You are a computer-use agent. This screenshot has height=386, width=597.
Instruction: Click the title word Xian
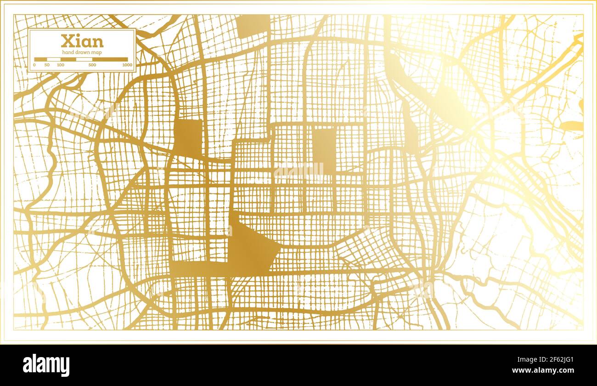(x=82, y=41)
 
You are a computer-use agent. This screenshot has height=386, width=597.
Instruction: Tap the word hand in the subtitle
(x=68, y=53)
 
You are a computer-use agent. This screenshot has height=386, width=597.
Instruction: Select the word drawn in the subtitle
(x=82, y=53)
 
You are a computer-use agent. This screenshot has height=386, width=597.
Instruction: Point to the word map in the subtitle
(x=96, y=53)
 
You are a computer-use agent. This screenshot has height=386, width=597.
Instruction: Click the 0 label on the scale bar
(x=34, y=65)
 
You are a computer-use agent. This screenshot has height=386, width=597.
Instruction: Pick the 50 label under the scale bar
(x=47, y=65)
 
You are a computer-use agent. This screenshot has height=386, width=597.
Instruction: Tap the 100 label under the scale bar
(x=61, y=65)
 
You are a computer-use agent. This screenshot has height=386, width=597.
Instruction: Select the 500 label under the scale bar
(x=92, y=65)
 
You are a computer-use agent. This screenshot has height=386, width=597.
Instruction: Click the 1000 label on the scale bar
(x=127, y=65)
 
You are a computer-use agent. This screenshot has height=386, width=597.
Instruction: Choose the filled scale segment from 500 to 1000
(x=110, y=59)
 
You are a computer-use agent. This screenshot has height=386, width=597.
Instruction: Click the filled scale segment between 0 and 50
(x=40, y=59)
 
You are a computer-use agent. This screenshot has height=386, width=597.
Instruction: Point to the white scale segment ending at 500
(x=84, y=59)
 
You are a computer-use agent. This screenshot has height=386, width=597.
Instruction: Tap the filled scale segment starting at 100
(x=68, y=59)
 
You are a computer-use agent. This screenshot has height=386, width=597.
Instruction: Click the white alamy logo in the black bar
(x=46, y=365)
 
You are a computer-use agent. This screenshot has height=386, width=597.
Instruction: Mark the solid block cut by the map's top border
(x=253, y=25)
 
